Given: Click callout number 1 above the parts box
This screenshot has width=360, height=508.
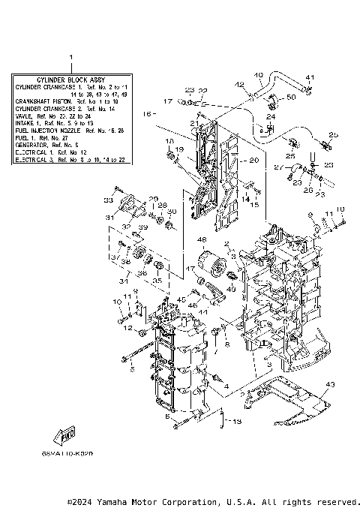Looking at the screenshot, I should (x=70, y=58).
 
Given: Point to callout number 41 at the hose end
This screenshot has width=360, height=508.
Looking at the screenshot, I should (x=310, y=77).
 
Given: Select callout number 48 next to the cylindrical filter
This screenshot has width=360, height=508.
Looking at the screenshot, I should (x=202, y=240).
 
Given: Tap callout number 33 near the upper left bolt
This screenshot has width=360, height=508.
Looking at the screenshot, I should (x=108, y=200).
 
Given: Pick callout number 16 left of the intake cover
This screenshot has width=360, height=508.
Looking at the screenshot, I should (x=147, y=114).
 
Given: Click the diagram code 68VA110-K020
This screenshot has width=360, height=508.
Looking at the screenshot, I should (x=76, y=455).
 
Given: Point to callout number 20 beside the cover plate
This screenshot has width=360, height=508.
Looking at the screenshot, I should (x=253, y=161).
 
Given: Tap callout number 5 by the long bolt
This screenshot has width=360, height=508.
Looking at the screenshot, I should (x=131, y=369).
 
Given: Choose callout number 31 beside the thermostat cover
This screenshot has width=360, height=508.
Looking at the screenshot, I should (x=109, y=218).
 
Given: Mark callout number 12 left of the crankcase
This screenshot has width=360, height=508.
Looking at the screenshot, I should (x=129, y=328).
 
